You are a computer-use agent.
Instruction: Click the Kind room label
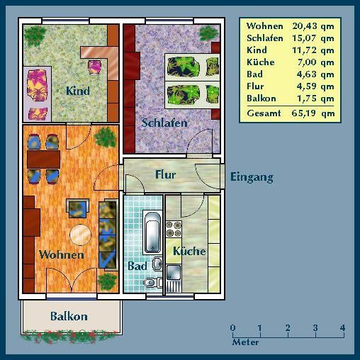pyautogui.click(x=77, y=91)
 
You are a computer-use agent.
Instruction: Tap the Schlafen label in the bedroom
pyautogui.click(x=164, y=123)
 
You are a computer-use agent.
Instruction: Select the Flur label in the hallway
pyautogui.click(x=165, y=174)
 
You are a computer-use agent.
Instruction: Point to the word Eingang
pyautogui.click(x=252, y=177)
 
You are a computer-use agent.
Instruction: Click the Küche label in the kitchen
pyautogui.click(x=189, y=251)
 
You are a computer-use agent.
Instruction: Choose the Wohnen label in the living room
pyautogui.click(x=62, y=254)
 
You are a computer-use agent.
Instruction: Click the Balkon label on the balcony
pyautogui.click(x=69, y=316)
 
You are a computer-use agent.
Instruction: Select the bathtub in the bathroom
pyautogui.click(x=152, y=232)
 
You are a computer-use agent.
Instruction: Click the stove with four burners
pyautogui.click(x=174, y=229)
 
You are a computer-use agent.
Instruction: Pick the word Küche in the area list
pyautogui.click(x=260, y=62)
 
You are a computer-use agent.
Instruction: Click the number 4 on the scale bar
pyautogui.click(x=342, y=327)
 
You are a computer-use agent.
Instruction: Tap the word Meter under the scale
pyautogui.click(x=246, y=342)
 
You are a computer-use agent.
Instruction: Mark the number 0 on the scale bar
pyautogui.click(x=233, y=327)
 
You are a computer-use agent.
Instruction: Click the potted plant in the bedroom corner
pyautogui.click(x=207, y=33)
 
